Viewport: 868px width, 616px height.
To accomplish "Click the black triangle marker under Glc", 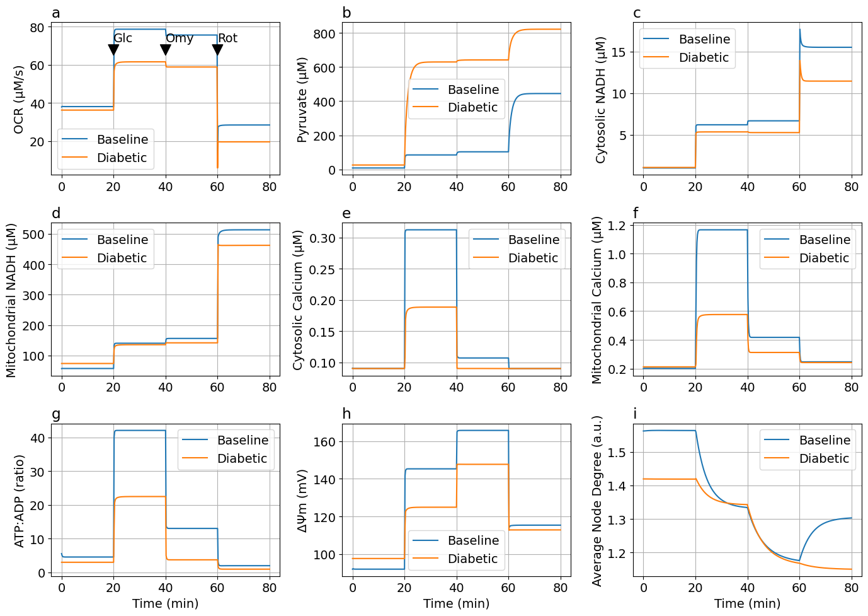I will [113, 50].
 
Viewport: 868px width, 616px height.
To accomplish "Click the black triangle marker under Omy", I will [166, 50].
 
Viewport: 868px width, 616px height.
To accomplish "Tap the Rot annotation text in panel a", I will [227, 38].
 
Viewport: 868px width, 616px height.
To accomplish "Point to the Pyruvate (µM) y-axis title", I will [302, 100].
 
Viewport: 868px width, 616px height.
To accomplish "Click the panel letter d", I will [56, 214].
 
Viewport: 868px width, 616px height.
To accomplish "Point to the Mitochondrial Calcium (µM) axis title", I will [597, 300].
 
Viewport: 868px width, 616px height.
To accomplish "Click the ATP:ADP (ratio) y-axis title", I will [19, 501].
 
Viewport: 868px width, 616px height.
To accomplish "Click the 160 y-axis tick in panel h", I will [324, 442].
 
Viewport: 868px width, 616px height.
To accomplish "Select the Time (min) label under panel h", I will [456, 604].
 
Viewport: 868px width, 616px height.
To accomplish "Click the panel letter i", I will [635, 414].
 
